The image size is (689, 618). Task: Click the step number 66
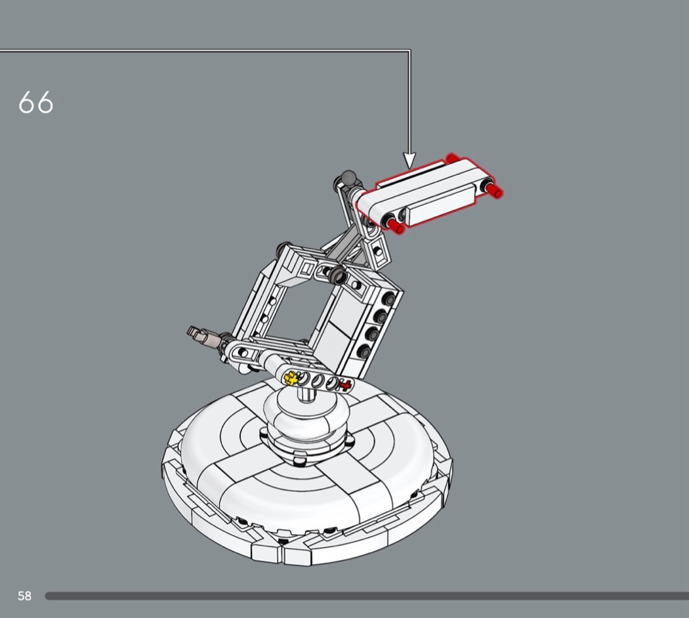click(x=35, y=103)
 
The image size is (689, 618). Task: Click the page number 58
click(x=25, y=596)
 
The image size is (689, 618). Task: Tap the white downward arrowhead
click(x=409, y=160)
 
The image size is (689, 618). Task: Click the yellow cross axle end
click(x=291, y=377)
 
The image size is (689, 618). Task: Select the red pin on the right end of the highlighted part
click(x=494, y=190)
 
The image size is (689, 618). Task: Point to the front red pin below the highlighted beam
click(x=395, y=225)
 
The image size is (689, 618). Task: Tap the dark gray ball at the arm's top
click(x=349, y=177)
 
